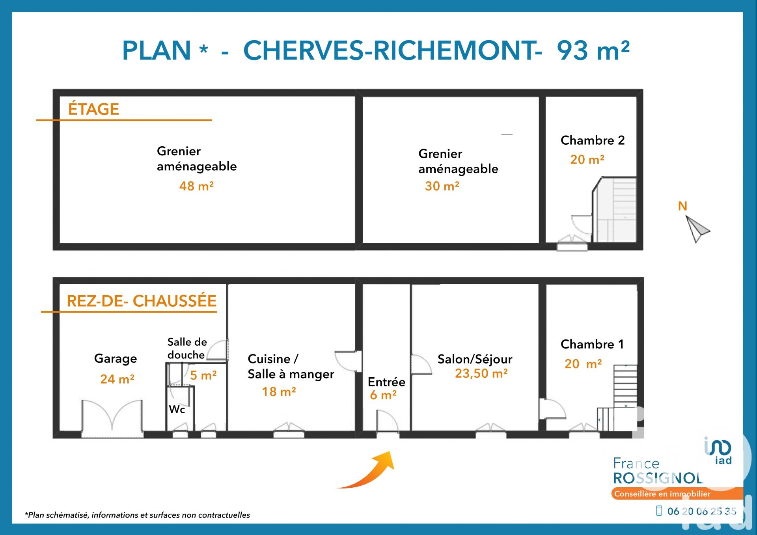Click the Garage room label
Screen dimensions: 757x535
pos(116,359)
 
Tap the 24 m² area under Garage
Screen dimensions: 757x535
pos(117,379)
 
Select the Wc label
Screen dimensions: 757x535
pos(177,409)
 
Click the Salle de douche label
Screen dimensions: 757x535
pos(187,348)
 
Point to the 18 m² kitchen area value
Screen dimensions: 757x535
pos(279,391)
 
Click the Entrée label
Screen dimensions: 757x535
pos(386,382)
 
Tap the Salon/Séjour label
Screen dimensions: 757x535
pos(475,359)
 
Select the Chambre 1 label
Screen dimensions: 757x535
pos(592,344)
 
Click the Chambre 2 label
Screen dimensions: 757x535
pos(593,140)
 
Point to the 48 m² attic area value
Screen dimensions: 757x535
pos(196,186)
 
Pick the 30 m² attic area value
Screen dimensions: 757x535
pos(442,186)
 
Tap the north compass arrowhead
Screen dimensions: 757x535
pos(697,229)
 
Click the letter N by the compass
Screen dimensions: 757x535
pos(682,206)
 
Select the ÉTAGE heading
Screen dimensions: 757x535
pos(93,109)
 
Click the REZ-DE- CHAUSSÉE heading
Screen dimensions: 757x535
pos(142,301)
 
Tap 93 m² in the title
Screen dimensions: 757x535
pos(593,50)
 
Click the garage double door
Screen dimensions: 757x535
pos(112,418)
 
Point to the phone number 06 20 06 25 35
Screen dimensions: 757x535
pos(702,511)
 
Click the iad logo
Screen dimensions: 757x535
pos(718,451)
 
